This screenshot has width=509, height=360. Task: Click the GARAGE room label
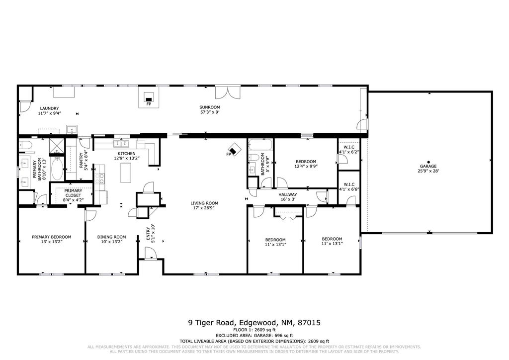(x=428, y=166)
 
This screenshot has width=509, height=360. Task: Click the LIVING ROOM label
(x=204, y=203)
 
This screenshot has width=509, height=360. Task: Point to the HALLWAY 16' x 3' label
(x=287, y=197)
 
